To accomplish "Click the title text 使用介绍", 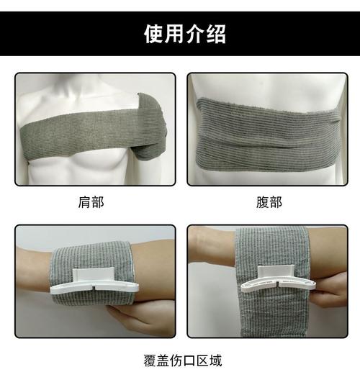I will [180, 35].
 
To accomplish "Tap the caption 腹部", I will [269, 202].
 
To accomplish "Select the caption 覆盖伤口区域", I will [180, 358].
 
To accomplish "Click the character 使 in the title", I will [153, 35].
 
